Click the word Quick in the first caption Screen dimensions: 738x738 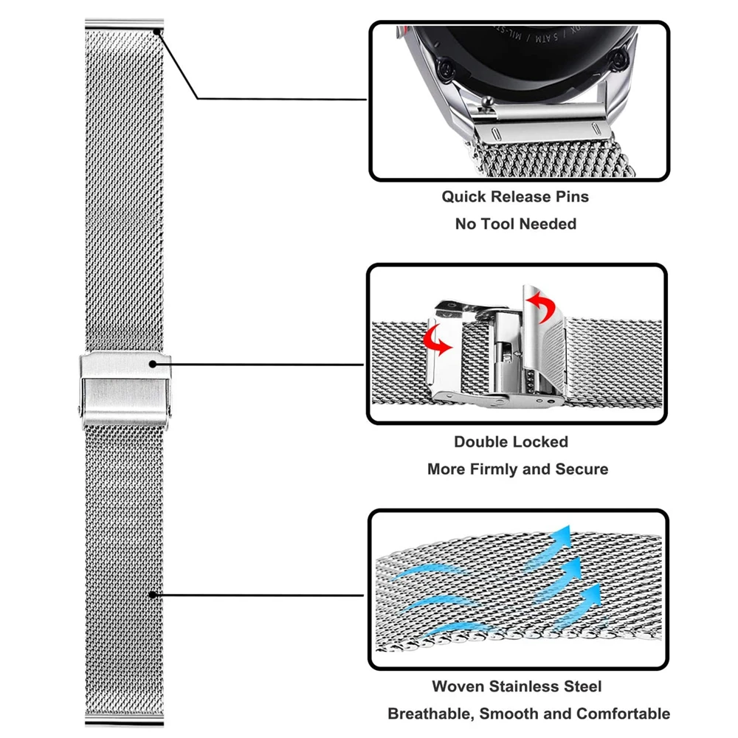pos(463,197)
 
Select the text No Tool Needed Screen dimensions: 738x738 pos(515,224)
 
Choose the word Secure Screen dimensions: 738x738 pos(582,469)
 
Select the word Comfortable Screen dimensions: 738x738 pos(624,714)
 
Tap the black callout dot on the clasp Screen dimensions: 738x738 pos(154,363)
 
